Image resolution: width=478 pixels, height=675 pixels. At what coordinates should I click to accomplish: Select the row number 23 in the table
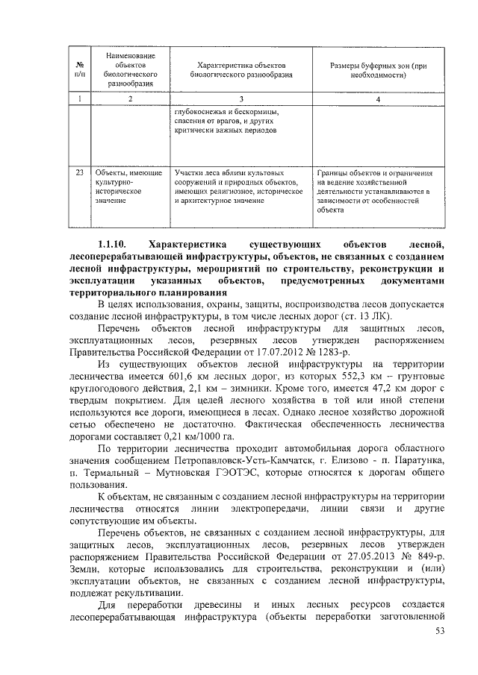coord(79,173)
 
